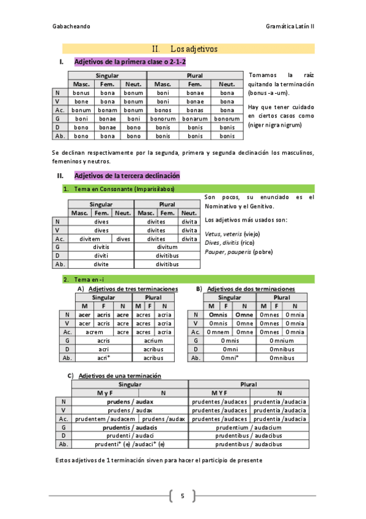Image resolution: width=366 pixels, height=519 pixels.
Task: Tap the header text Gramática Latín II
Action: [x=290, y=27]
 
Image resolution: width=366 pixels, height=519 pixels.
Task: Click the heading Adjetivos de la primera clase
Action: [x=130, y=62]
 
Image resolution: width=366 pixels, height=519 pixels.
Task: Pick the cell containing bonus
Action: [x=81, y=92]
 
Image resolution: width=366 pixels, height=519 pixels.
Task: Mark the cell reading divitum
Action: [x=167, y=247]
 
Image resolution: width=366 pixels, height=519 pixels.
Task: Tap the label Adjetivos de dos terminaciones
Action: [x=251, y=288]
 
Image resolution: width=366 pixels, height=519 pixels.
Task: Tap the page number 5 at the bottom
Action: [x=182, y=496]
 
